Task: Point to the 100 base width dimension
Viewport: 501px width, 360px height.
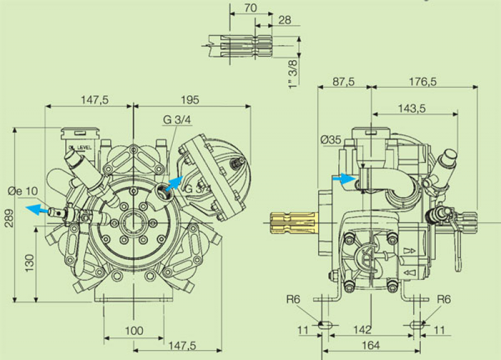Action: (x=133, y=331)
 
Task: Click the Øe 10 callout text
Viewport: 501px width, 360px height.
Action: (x=23, y=191)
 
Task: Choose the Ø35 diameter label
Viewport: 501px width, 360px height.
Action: (x=331, y=141)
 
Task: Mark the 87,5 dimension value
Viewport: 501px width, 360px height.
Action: (x=344, y=82)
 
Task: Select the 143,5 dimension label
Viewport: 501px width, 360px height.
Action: (x=411, y=108)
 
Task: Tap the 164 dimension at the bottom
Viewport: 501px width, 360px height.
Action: (x=370, y=345)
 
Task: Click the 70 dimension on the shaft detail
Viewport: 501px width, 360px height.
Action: (x=250, y=8)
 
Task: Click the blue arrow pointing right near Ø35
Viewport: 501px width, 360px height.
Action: (x=342, y=178)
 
